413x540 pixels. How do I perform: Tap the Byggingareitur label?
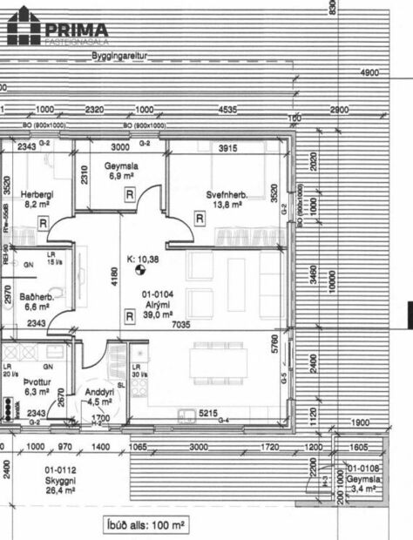click(122, 55)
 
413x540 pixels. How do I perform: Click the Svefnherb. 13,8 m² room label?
click(227, 199)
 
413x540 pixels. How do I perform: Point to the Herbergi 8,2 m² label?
click(37, 199)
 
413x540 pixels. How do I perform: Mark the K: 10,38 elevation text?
click(143, 259)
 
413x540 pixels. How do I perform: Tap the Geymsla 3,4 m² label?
click(361, 483)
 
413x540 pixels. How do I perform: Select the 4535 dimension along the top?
click(227, 111)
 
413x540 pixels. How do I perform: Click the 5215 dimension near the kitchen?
click(207, 413)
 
